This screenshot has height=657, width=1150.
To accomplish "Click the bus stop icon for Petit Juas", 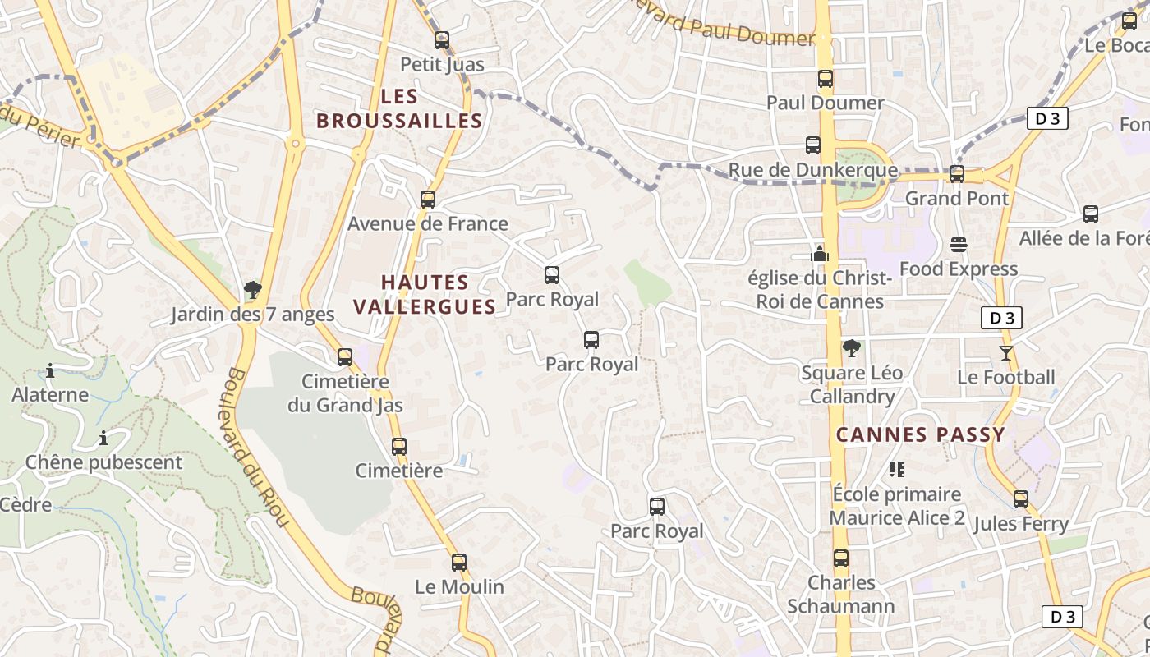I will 442,39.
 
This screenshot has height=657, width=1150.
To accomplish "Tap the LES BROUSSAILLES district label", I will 399,108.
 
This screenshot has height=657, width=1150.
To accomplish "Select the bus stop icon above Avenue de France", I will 427,199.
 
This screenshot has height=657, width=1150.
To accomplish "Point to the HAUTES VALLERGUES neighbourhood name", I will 425,295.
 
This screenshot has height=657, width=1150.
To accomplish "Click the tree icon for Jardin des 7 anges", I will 253,289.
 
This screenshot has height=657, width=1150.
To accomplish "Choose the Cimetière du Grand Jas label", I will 345,393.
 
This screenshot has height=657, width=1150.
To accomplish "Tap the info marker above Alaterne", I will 50,371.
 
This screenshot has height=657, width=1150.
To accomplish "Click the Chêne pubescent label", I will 103,462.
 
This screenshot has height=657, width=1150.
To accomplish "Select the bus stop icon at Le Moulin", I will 459,563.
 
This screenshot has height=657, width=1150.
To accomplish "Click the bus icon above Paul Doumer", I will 826,79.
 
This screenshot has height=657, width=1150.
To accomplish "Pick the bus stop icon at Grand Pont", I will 957,173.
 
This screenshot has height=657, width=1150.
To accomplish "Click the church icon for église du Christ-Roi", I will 819,253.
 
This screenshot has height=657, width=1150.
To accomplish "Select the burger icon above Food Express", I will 959,244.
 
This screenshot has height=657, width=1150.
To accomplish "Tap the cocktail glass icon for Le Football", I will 1006,353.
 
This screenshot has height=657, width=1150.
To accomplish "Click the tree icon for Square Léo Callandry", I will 852,348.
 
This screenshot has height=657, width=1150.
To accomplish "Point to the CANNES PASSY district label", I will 920,435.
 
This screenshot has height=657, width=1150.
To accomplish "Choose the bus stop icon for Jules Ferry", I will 1021,498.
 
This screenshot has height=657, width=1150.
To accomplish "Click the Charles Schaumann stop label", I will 841,595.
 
